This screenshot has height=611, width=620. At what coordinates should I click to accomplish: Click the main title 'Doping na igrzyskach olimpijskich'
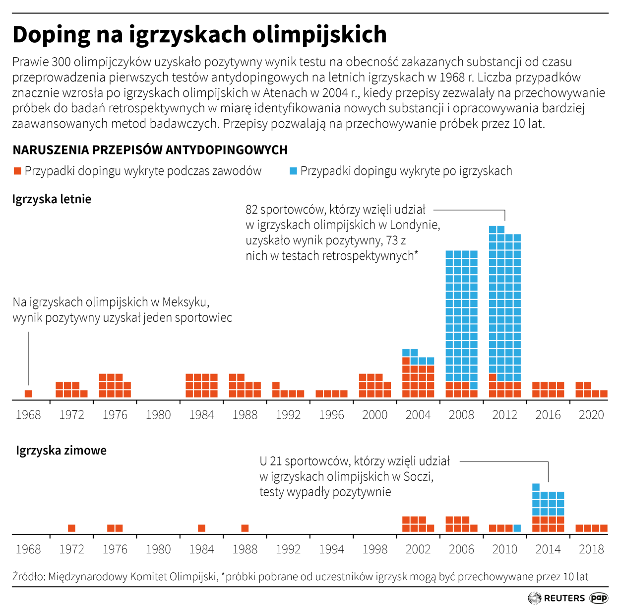point(199,35)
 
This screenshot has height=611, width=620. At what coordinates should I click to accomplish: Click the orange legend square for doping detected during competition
point(17,171)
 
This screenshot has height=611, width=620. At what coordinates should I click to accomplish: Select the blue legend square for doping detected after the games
point(293,171)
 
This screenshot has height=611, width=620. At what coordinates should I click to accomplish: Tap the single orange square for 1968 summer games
point(28,394)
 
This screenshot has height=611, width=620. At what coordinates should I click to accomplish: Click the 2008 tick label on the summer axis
point(461,415)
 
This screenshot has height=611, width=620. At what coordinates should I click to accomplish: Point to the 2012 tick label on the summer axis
point(504,415)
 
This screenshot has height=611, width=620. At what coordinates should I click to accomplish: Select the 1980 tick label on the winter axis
point(158,549)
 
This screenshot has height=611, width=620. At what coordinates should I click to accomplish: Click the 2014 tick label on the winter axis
point(548,549)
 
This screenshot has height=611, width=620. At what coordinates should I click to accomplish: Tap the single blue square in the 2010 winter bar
point(517,528)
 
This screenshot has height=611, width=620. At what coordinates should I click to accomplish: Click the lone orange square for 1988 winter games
point(245,528)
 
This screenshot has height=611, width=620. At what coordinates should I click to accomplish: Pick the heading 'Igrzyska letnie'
point(52,199)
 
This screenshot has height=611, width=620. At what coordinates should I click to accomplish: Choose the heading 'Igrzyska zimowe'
point(61,451)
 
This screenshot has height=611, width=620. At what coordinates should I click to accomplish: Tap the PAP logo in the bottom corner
point(599,598)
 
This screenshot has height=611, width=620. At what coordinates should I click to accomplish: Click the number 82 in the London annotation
point(252,210)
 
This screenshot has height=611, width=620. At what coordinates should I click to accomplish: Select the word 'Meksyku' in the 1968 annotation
point(185,302)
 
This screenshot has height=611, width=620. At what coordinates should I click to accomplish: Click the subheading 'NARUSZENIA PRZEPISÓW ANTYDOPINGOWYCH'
point(150,150)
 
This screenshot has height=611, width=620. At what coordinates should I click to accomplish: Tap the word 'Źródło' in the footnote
point(28,577)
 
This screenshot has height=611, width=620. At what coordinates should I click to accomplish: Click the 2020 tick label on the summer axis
point(591,415)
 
